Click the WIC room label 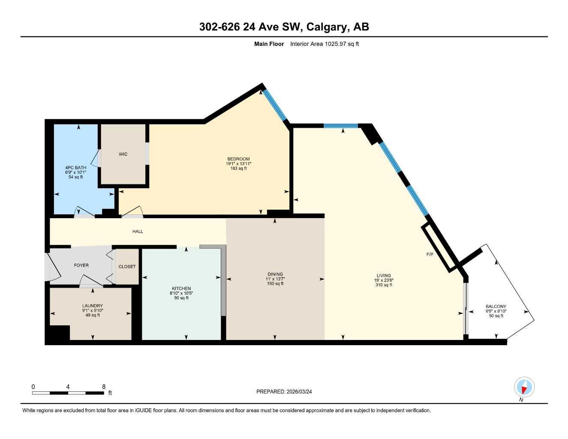tap(123, 154)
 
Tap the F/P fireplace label tap(430, 255)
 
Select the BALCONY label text tap(496, 307)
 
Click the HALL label tap(138, 232)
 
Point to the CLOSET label tap(127, 267)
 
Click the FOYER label tap(81, 265)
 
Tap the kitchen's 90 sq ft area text tap(181, 298)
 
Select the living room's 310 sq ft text tap(384, 285)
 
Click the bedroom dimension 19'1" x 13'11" tap(238, 164)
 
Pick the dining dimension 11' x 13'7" tap(275, 279)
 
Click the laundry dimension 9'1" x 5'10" tap(93, 310)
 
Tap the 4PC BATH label tap(75, 168)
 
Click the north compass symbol tap(524, 387)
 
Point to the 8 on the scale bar tap(104, 387)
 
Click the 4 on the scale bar tap(68, 387)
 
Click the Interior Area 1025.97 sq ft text tap(325, 44)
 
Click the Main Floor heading tap(269, 44)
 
